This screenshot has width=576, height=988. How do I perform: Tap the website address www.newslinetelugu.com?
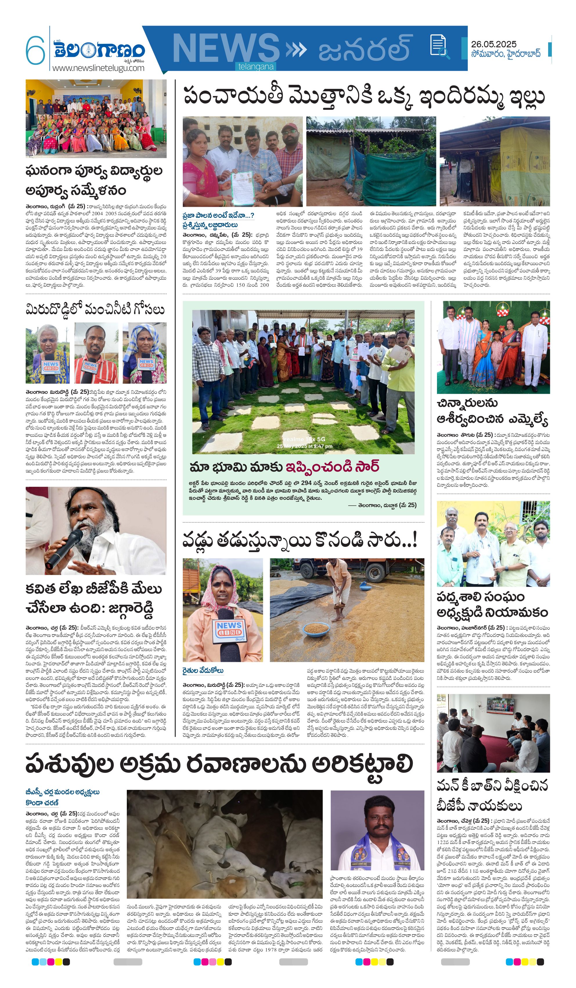(98, 68)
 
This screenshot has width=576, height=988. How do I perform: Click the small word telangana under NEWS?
(256, 67)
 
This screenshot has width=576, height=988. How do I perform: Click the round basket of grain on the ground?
(316, 629)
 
